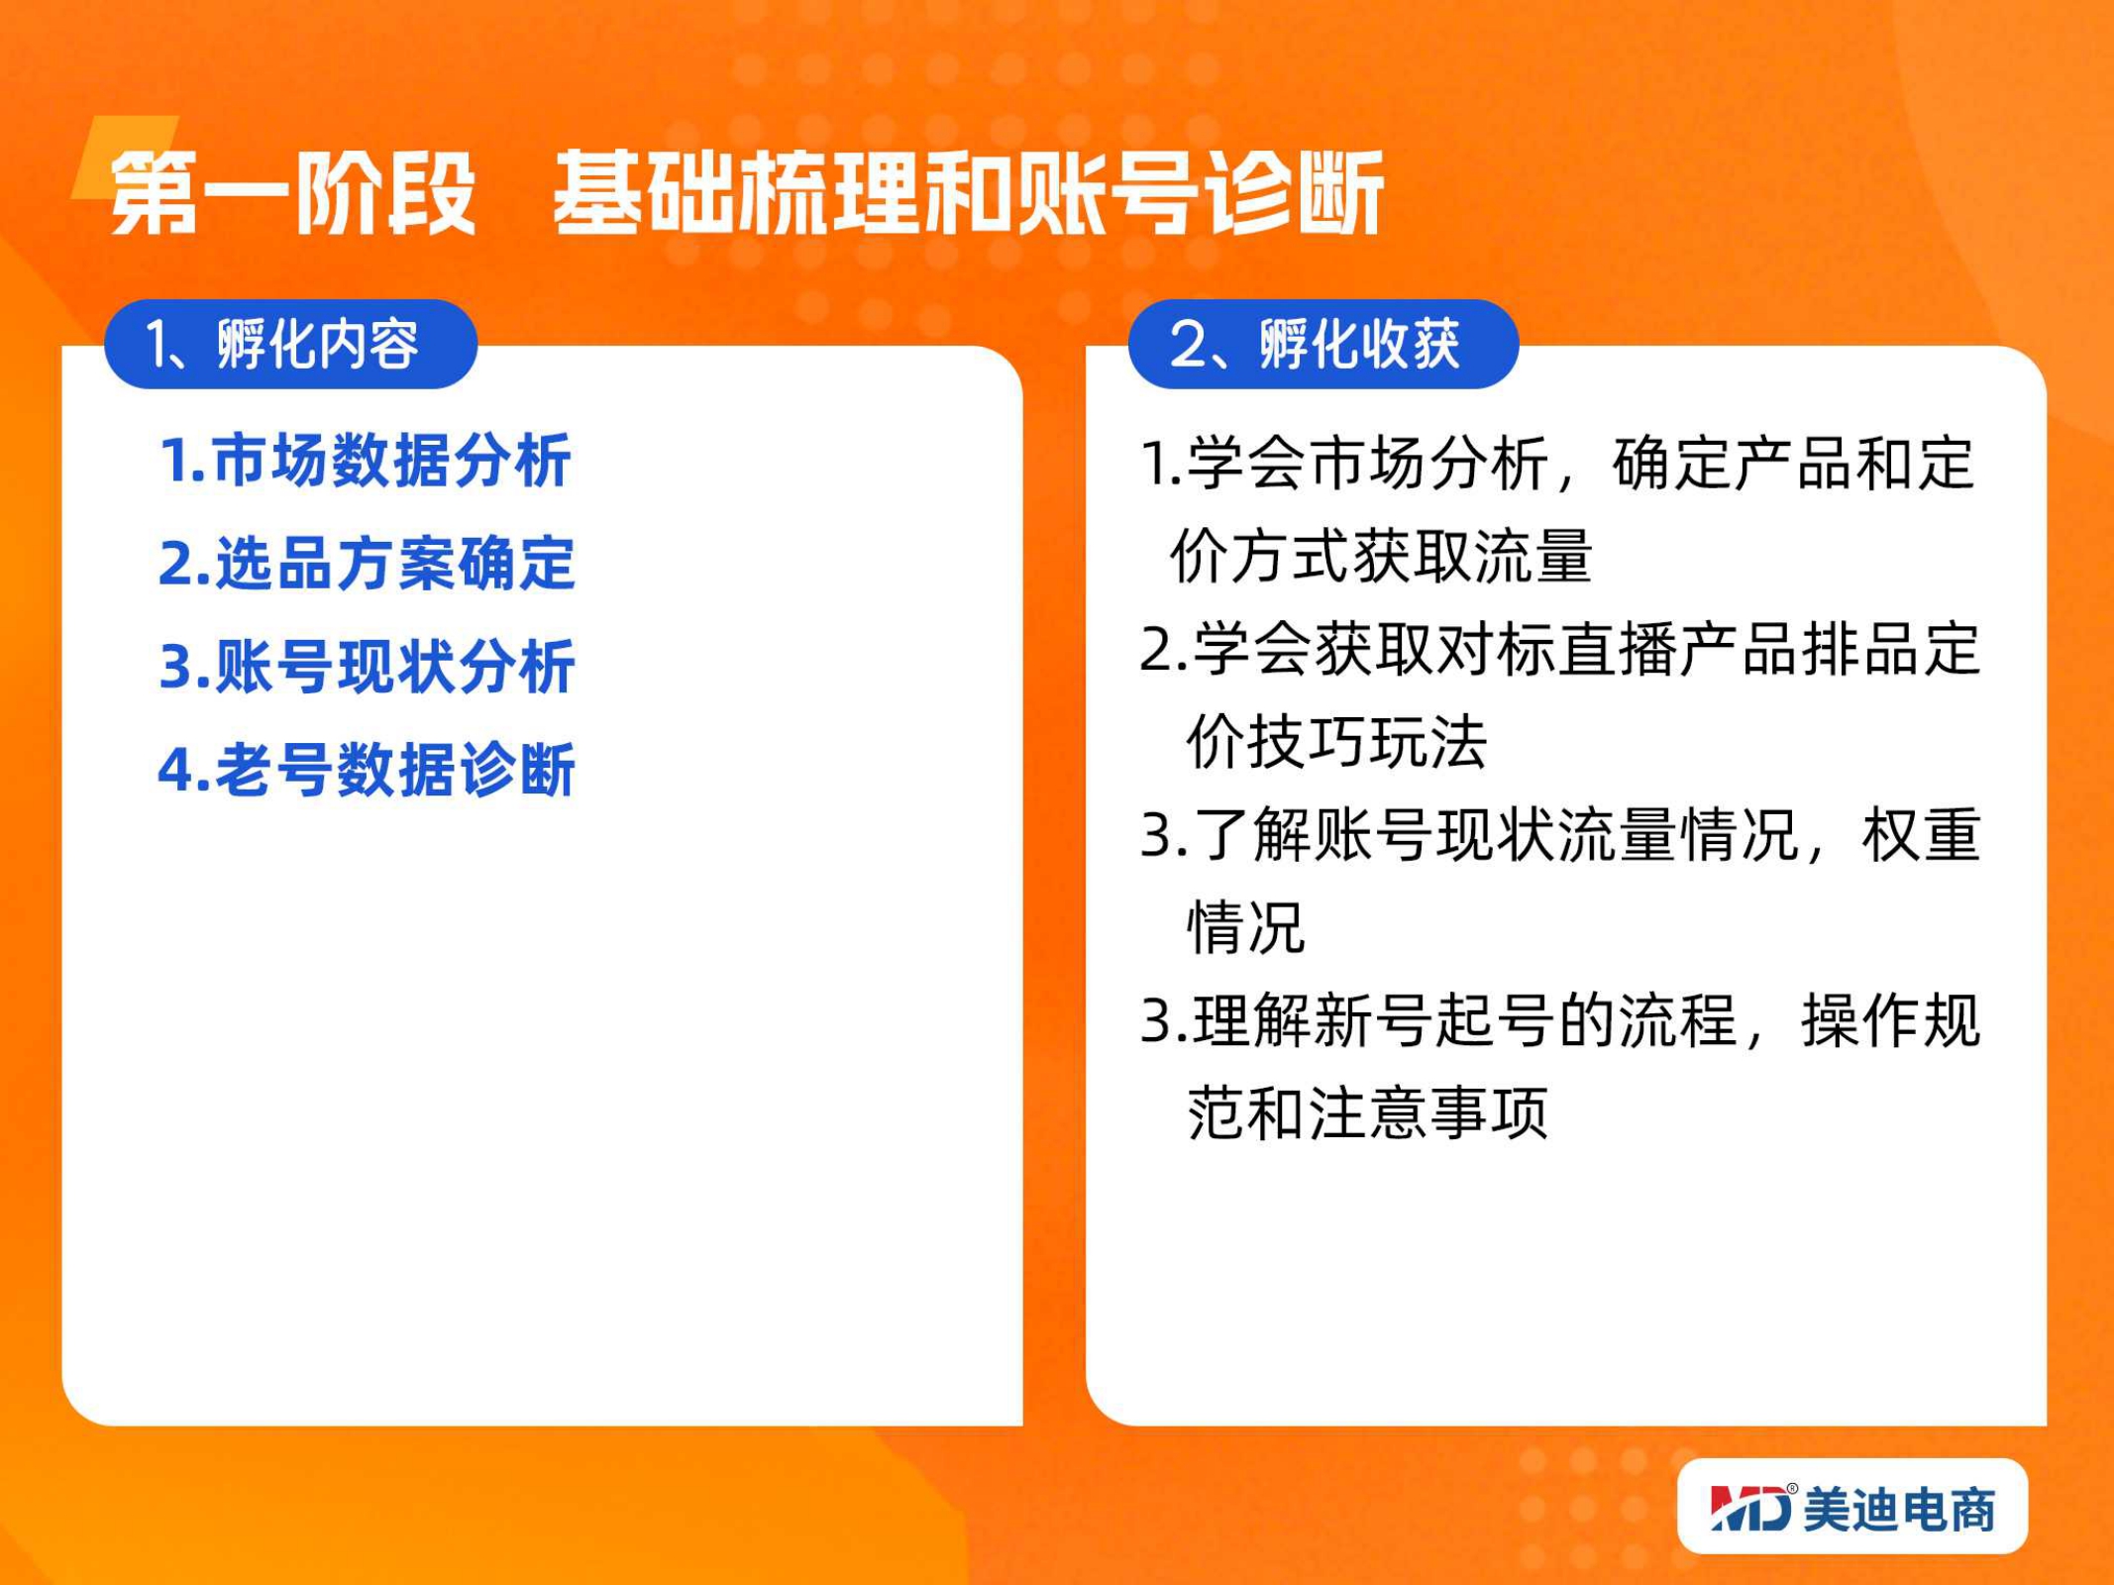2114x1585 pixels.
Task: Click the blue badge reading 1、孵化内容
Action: click(291, 344)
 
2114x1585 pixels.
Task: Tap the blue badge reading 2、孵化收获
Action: click(1323, 344)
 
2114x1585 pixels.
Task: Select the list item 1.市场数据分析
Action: click(366, 461)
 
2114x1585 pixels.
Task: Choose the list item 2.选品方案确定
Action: click(368, 564)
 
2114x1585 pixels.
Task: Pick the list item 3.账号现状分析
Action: click(368, 667)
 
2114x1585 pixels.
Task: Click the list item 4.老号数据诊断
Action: click(368, 770)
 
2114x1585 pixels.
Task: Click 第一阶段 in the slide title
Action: click(293, 194)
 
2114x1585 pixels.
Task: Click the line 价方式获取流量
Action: click(1381, 557)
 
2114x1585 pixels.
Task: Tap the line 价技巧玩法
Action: click(1337, 742)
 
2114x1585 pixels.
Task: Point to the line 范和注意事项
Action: click(1367, 1113)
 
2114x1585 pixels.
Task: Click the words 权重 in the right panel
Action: click(1922, 835)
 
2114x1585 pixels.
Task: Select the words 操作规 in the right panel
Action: click(1891, 1020)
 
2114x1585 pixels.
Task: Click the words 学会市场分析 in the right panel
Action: click(1368, 464)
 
